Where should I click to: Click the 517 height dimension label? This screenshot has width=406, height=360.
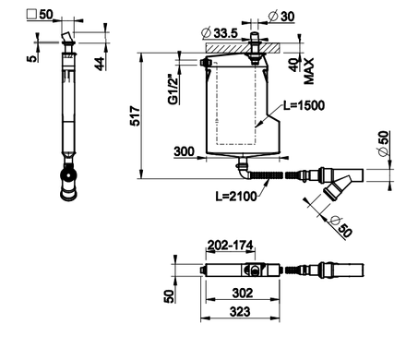click(x=136, y=116)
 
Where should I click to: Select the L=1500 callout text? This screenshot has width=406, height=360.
click(x=304, y=105)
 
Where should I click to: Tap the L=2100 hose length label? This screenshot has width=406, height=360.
click(x=236, y=196)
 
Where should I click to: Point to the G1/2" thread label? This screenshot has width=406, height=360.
click(x=173, y=90)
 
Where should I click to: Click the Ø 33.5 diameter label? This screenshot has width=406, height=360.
click(x=220, y=32)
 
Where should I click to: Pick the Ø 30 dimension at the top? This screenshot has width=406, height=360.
click(x=281, y=16)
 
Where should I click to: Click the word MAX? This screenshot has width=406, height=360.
click(x=309, y=71)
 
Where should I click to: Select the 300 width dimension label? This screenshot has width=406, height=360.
click(x=185, y=151)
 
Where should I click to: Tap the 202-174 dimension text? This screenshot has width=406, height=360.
click(x=230, y=246)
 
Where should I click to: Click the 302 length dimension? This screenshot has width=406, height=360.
click(x=243, y=293)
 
